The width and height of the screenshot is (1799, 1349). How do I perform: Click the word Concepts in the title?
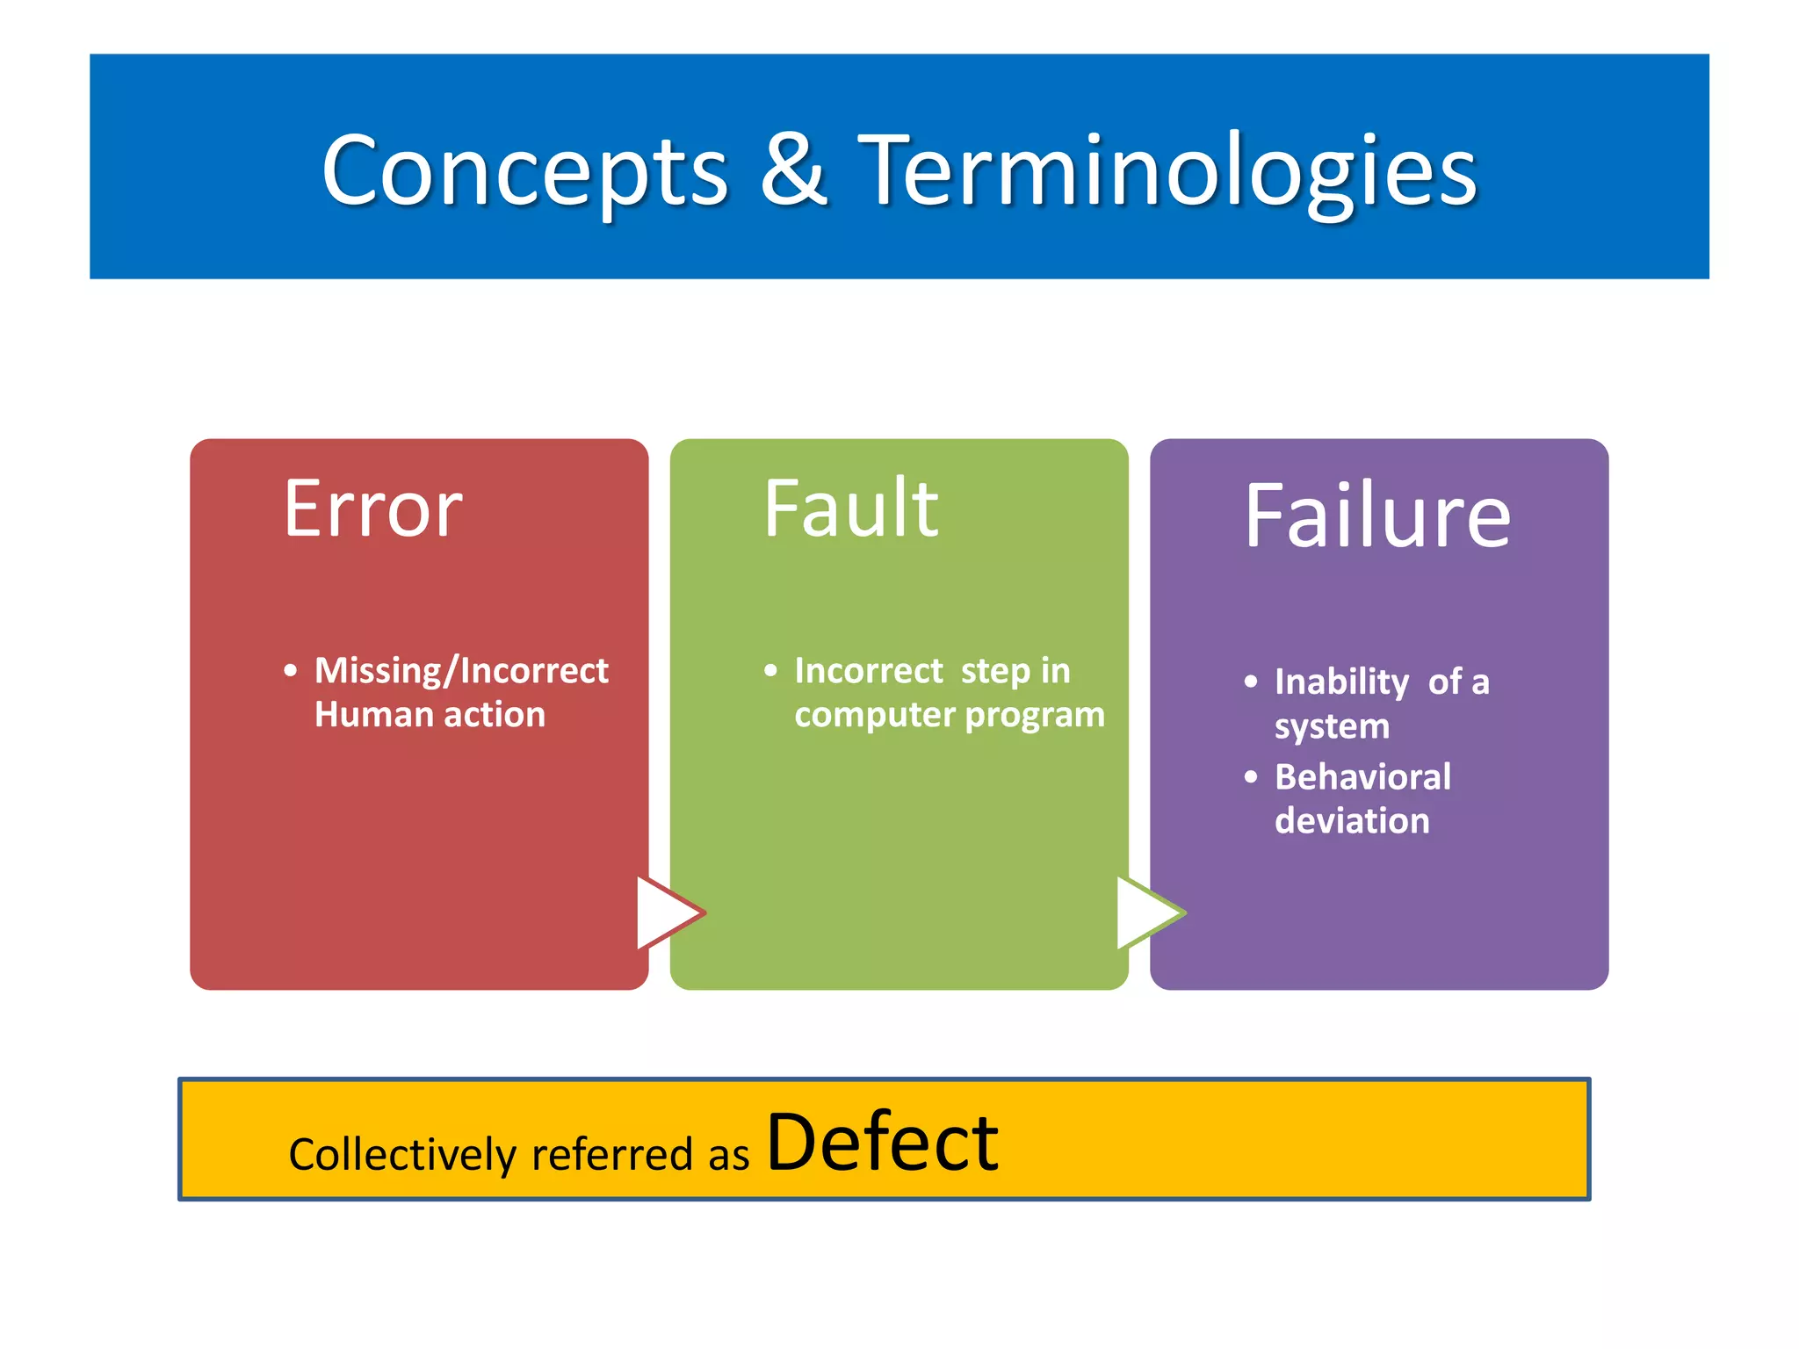[524, 171]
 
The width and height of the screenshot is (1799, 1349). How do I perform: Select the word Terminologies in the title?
[1167, 171]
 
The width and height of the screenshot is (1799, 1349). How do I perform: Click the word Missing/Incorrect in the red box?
[461, 671]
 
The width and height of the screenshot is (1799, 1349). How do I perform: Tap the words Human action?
[430, 715]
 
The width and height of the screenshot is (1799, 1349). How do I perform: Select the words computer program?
[949, 715]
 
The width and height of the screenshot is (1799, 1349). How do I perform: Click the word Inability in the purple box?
[1341, 682]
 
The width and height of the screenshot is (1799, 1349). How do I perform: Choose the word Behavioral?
[1362, 777]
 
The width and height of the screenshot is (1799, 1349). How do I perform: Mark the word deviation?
[1352, 821]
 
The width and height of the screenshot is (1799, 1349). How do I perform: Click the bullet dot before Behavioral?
[1251, 776]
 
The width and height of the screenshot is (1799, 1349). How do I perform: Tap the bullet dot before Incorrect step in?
[770, 671]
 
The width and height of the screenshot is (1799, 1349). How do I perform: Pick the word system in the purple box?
[1332, 727]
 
